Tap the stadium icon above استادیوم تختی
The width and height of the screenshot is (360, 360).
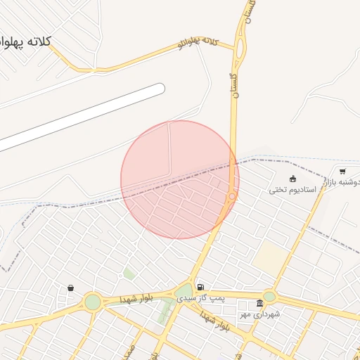(x=292, y=179)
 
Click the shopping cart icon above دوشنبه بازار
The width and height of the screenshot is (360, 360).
(x=342, y=171)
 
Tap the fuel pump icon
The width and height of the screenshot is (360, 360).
(x=202, y=287)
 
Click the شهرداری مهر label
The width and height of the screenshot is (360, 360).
(x=259, y=314)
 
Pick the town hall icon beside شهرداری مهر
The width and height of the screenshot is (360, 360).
(x=259, y=303)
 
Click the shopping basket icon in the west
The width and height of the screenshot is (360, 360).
(x=70, y=288)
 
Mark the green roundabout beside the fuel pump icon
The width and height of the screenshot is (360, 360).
(x=184, y=292)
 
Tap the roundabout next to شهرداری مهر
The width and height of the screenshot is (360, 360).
(x=269, y=297)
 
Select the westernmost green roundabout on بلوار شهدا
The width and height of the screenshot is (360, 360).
(x=92, y=302)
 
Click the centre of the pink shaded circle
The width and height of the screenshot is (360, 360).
(x=180, y=180)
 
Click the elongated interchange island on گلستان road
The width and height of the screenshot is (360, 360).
(x=240, y=49)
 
